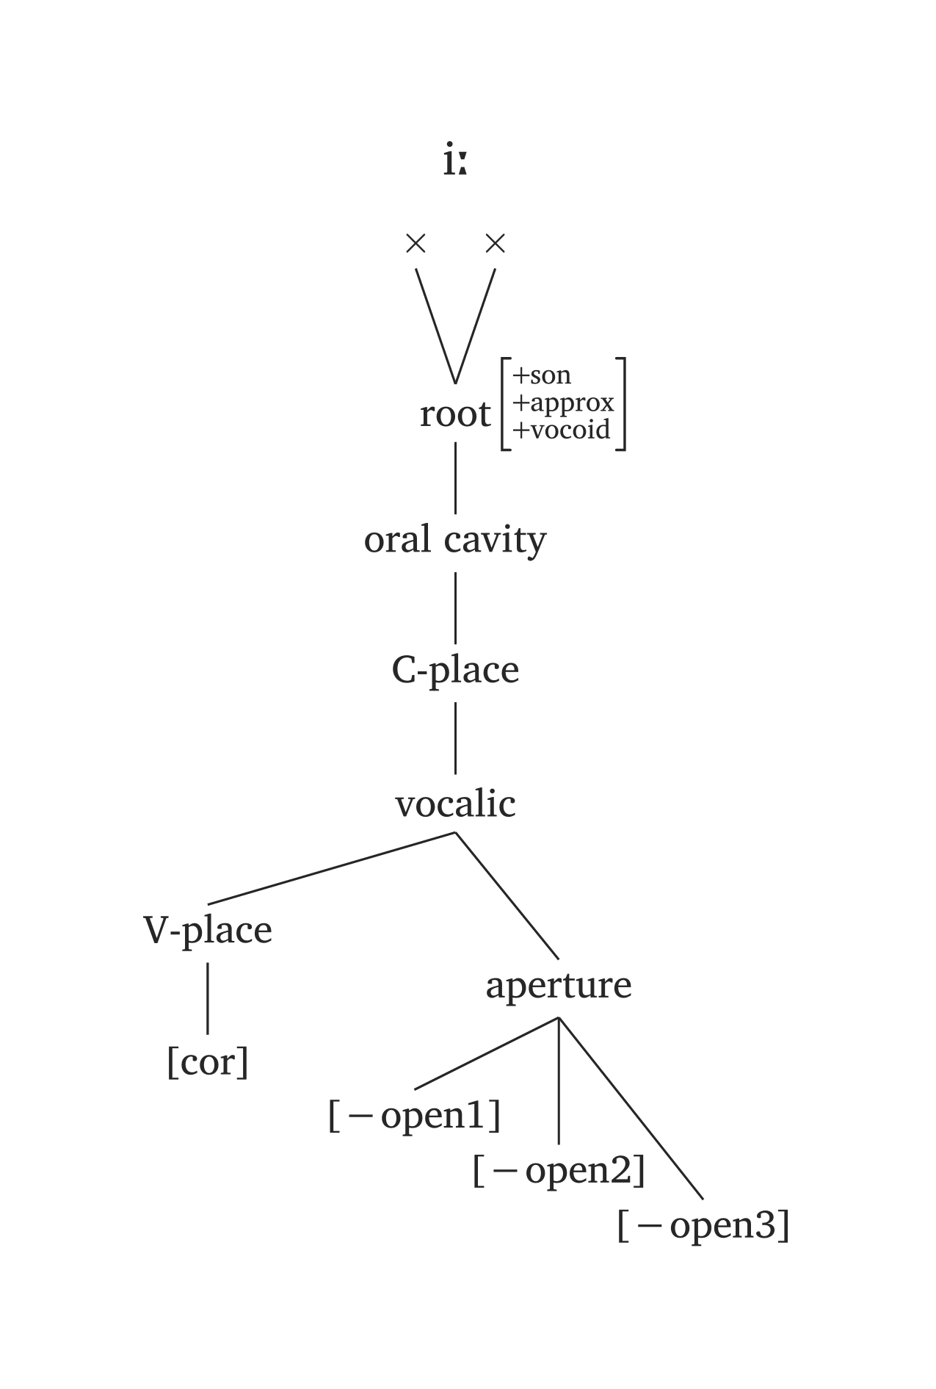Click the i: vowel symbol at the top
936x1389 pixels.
[455, 161]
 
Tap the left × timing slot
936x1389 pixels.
[416, 243]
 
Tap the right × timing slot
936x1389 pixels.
[496, 243]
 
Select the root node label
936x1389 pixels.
[454, 414]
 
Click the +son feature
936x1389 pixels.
[542, 375]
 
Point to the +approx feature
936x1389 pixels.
[563, 403]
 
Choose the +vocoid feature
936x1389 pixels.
[562, 430]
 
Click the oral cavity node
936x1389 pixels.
[455, 541]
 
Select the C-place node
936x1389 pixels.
[455, 670]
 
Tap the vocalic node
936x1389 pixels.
[455, 804]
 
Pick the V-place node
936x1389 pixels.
[208, 931]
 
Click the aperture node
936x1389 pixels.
[559, 985]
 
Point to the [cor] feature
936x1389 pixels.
[208, 1062]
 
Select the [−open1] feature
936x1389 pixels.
[415, 1115]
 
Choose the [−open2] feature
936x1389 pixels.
[559, 1170]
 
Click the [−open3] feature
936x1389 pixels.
[703, 1225]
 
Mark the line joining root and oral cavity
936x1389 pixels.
[455, 477]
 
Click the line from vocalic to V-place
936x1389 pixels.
[332, 867]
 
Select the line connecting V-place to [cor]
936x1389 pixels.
[208, 997]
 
